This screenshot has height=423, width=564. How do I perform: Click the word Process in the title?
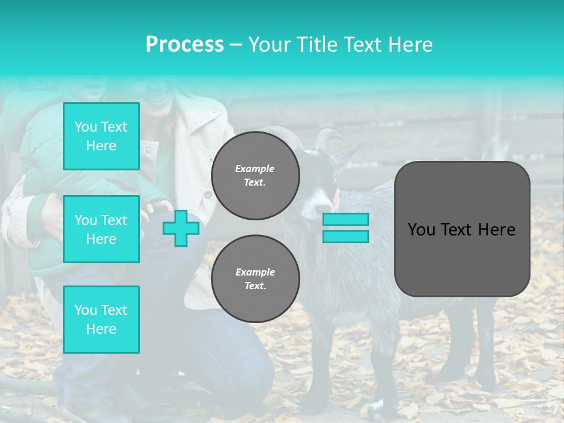[184, 44]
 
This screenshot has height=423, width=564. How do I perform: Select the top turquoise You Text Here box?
[101, 136]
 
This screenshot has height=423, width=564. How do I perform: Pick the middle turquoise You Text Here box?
[101, 229]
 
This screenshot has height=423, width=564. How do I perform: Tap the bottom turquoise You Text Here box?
[101, 320]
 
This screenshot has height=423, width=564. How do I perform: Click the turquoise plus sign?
[180, 227]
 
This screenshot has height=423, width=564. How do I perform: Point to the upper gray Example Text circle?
[256, 176]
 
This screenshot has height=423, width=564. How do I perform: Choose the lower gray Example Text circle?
[256, 279]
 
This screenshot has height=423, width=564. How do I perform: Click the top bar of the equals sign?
[345, 220]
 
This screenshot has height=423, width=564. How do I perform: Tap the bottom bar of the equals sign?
[345, 236]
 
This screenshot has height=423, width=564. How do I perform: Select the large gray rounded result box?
[462, 229]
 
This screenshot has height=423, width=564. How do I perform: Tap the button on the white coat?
[206, 194]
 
